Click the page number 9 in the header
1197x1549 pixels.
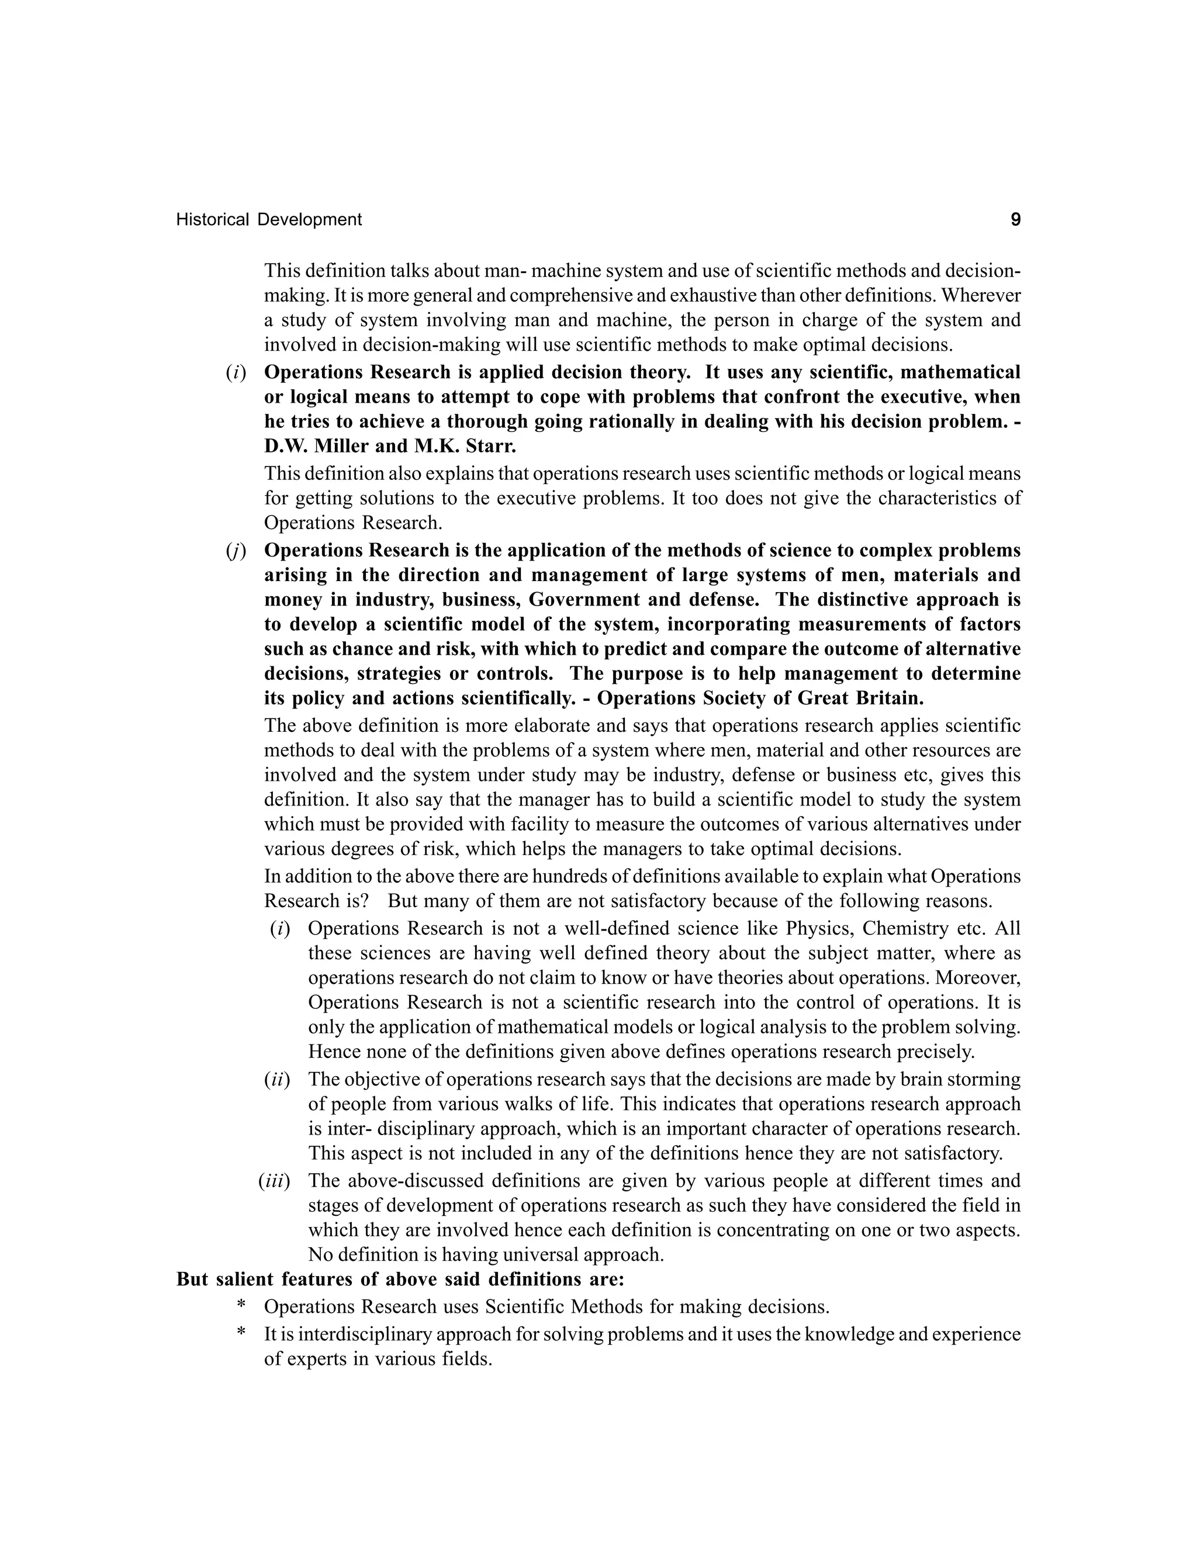[1015, 220]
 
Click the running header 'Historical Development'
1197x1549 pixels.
[269, 220]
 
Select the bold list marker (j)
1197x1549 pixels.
[236, 551]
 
